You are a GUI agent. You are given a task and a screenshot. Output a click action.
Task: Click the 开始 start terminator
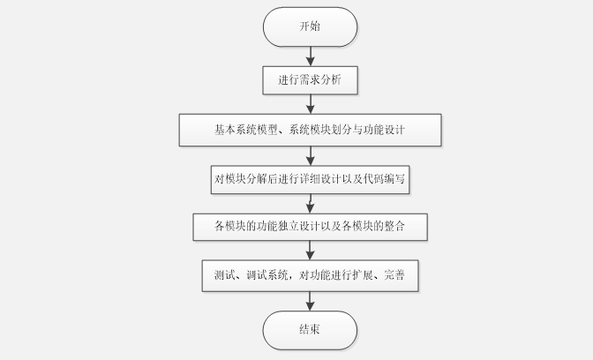click(310, 26)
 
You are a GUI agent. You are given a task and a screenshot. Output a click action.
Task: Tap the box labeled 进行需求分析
click(310, 80)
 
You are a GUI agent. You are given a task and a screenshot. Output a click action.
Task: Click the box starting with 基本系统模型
click(310, 130)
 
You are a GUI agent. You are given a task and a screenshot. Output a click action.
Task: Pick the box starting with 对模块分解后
click(310, 179)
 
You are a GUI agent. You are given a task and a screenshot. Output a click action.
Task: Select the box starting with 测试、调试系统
click(310, 275)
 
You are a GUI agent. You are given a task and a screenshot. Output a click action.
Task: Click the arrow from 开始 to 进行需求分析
click(310, 56)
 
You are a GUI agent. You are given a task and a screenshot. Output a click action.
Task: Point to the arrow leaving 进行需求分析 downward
click(310, 104)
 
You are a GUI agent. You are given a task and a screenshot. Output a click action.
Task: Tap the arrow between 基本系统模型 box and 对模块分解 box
click(310, 154)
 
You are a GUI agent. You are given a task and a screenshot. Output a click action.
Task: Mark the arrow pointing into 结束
click(310, 301)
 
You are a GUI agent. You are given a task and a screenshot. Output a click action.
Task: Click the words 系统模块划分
click(318, 130)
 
